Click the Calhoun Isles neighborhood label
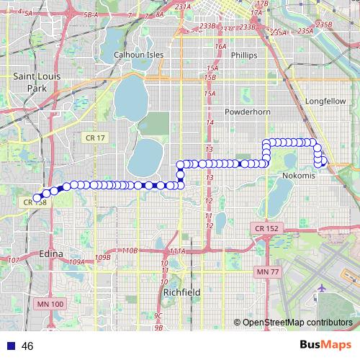(139, 55)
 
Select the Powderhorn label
(246, 113)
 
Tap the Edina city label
(51, 254)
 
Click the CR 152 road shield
(266, 228)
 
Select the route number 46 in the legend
(28, 346)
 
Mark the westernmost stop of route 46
(37, 197)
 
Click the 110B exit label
(129, 250)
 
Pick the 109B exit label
(102, 257)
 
